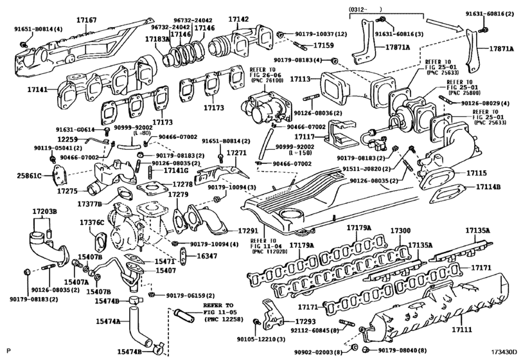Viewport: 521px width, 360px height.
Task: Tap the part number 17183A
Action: click(x=157, y=39)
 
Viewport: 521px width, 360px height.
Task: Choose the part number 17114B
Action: click(x=488, y=187)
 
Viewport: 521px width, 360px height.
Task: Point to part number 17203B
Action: click(x=45, y=212)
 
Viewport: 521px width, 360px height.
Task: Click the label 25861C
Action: click(x=29, y=175)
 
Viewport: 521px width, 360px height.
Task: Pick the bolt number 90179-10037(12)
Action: click(x=322, y=33)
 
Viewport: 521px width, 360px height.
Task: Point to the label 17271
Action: click(x=237, y=153)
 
